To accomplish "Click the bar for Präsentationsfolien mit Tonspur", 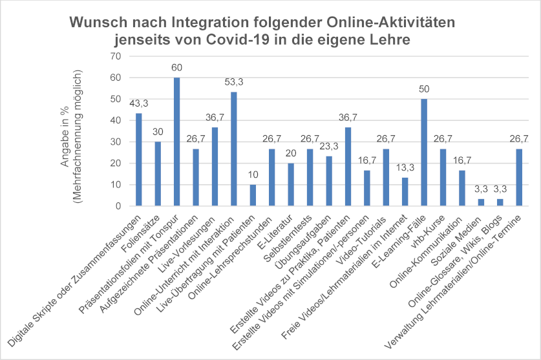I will pyautogui.click(x=176, y=142).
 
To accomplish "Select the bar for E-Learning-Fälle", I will pyautogui.click(x=424, y=153).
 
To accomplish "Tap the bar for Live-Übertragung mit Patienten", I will pyautogui.click(x=253, y=196).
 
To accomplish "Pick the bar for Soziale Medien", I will pyautogui.click(x=481, y=203).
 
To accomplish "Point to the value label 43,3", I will pyautogui.click(x=138, y=104).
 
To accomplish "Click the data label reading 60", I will pyautogui.click(x=176, y=68).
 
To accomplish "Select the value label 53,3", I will pyautogui.click(x=234, y=83).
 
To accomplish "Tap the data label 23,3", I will pyautogui.click(x=329, y=147).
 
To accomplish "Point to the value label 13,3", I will pyautogui.click(x=405, y=168).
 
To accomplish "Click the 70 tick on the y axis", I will pyautogui.click(x=116, y=56).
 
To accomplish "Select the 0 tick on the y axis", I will pyautogui.click(x=118, y=206).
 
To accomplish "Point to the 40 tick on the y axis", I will pyautogui.click(x=116, y=120).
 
